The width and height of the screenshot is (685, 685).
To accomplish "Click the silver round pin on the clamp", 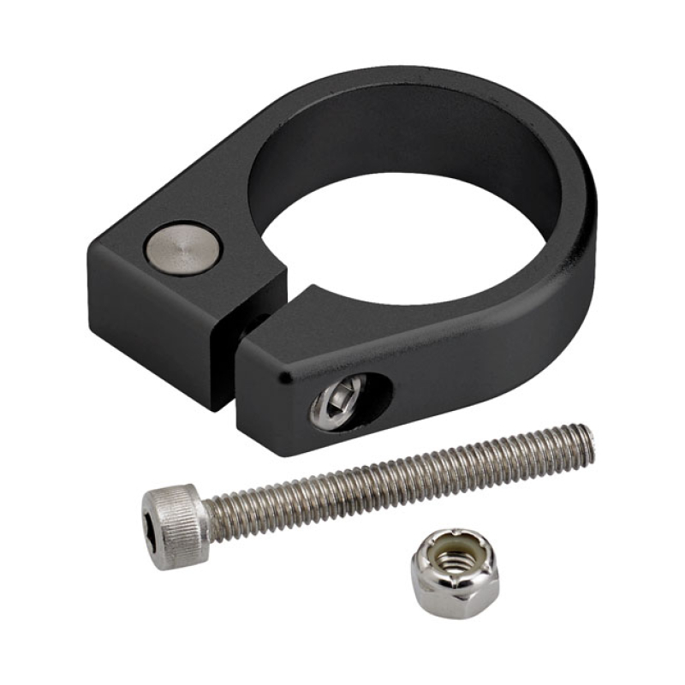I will click(x=182, y=248).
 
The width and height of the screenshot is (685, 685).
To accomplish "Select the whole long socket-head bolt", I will click(x=368, y=488).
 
